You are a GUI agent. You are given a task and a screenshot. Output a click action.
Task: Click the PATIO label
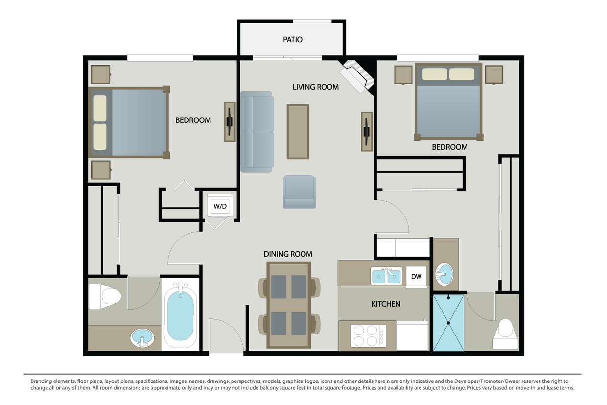tap(293, 39)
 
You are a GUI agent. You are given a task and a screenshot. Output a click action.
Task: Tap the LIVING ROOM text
tap(315, 87)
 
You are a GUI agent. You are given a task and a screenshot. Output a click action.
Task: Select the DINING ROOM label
tap(288, 254)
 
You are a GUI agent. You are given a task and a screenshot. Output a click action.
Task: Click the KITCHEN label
tap(386, 304)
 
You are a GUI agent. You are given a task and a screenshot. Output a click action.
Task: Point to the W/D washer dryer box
tap(220, 206)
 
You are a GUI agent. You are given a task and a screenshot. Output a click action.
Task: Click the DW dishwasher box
tap(416, 277)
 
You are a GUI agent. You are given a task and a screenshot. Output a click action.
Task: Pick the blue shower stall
tap(448, 322)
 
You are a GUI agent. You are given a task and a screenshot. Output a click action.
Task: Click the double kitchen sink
tap(386, 276)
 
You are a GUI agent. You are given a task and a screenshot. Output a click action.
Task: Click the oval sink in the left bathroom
tap(142, 338)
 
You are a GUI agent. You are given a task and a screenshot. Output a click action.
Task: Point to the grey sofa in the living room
tap(257, 132)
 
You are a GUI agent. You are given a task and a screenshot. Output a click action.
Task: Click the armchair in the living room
tap(299, 191)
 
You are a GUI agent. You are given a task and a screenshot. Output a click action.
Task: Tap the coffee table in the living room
tap(298, 131)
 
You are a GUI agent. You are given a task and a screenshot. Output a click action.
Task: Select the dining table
tap(288, 305)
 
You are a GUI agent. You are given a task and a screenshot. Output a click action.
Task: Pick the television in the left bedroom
tap(230, 121)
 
